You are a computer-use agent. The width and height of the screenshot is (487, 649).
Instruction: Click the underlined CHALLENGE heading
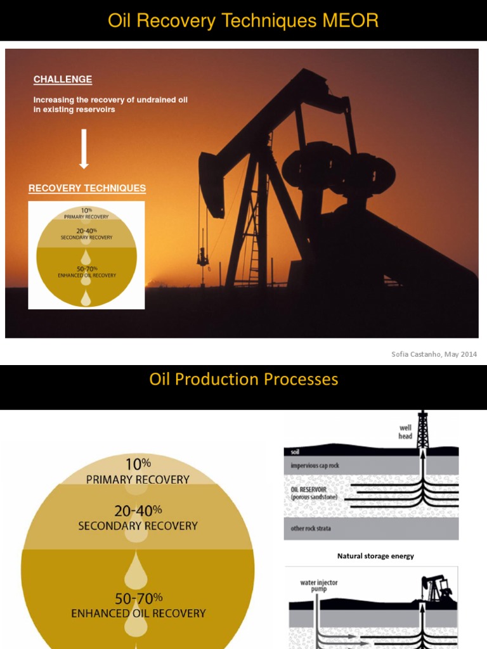(x=63, y=80)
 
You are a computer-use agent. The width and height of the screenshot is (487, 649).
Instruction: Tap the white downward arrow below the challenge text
(x=84, y=149)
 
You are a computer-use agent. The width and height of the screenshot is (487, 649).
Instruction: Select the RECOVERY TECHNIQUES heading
(x=87, y=188)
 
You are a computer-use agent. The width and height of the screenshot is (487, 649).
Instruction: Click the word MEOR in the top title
(x=351, y=21)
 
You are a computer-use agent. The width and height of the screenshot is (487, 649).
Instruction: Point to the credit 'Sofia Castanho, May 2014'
(x=434, y=354)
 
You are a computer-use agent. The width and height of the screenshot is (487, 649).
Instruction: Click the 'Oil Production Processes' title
(x=243, y=380)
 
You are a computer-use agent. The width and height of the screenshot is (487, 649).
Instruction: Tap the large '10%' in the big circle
(x=138, y=464)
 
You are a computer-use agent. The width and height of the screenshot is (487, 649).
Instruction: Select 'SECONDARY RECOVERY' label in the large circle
(x=138, y=526)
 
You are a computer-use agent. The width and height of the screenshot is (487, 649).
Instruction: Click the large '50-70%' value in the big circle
(x=138, y=598)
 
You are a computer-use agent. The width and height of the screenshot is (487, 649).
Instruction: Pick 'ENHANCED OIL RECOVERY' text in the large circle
(x=138, y=614)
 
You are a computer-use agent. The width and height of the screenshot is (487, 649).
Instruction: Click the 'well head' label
(x=405, y=432)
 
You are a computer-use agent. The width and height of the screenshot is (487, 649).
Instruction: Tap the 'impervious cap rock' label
(x=315, y=466)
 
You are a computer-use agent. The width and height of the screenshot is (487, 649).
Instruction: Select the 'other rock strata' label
(x=311, y=529)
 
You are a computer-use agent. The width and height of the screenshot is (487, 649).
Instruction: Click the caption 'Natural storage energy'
(x=375, y=556)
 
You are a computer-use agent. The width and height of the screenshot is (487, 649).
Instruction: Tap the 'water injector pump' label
(x=318, y=585)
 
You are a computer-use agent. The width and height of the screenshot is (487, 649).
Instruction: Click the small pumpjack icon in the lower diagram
(x=436, y=589)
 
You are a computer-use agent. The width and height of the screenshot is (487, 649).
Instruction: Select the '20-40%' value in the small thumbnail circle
(x=86, y=231)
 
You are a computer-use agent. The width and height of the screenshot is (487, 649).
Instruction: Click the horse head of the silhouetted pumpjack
(x=211, y=184)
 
